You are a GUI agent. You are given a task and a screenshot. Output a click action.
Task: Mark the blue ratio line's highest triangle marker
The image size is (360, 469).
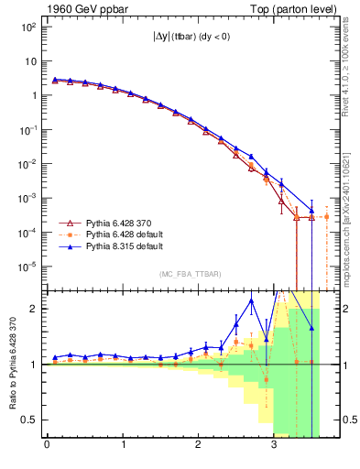coord(251,300)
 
